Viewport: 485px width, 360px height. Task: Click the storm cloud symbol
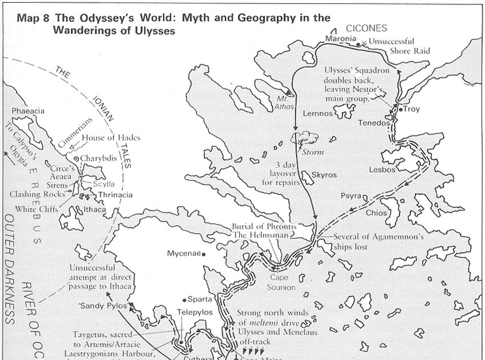tap(305, 139)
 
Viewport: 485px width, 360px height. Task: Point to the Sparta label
tap(200, 298)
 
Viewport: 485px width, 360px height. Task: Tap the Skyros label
tap(324, 174)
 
